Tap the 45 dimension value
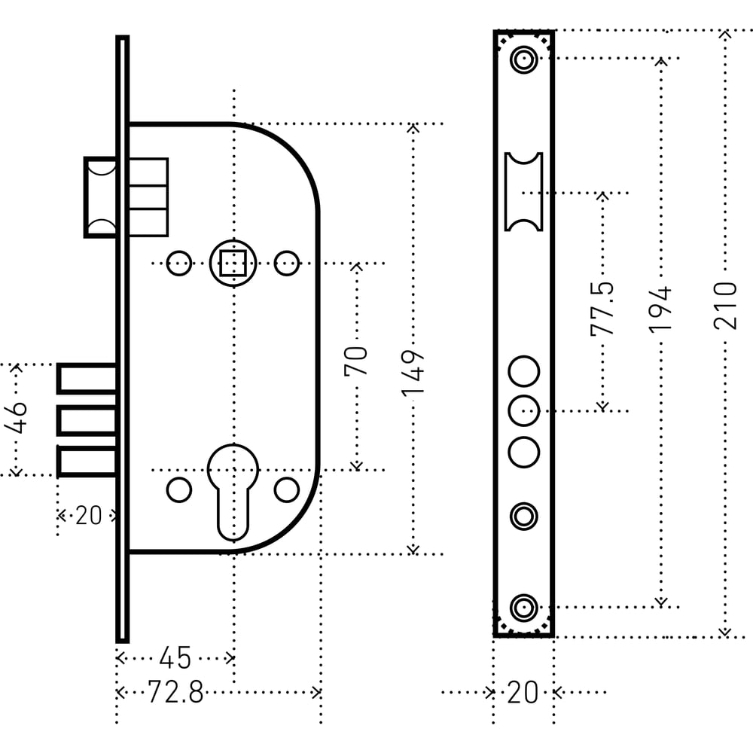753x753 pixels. click(175, 658)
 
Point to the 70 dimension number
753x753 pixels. click(356, 361)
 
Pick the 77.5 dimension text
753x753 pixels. click(602, 308)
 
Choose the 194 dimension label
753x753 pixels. click(660, 309)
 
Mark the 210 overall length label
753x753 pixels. click(725, 305)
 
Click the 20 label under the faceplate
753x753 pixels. click(523, 692)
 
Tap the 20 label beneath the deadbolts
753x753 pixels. click(88, 516)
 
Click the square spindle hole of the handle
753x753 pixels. click(233, 263)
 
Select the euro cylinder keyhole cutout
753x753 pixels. click(233, 489)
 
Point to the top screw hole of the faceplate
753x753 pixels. click(523, 59)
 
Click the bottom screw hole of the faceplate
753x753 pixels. click(523, 606)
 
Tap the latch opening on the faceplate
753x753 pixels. click(523, 191)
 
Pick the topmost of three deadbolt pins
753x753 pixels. click(87, 378)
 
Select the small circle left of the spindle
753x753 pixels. click(178, 263)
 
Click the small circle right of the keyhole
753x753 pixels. click(286, 489)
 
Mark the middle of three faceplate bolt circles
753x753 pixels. click(523, 410)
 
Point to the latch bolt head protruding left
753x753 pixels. click(100, 197)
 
